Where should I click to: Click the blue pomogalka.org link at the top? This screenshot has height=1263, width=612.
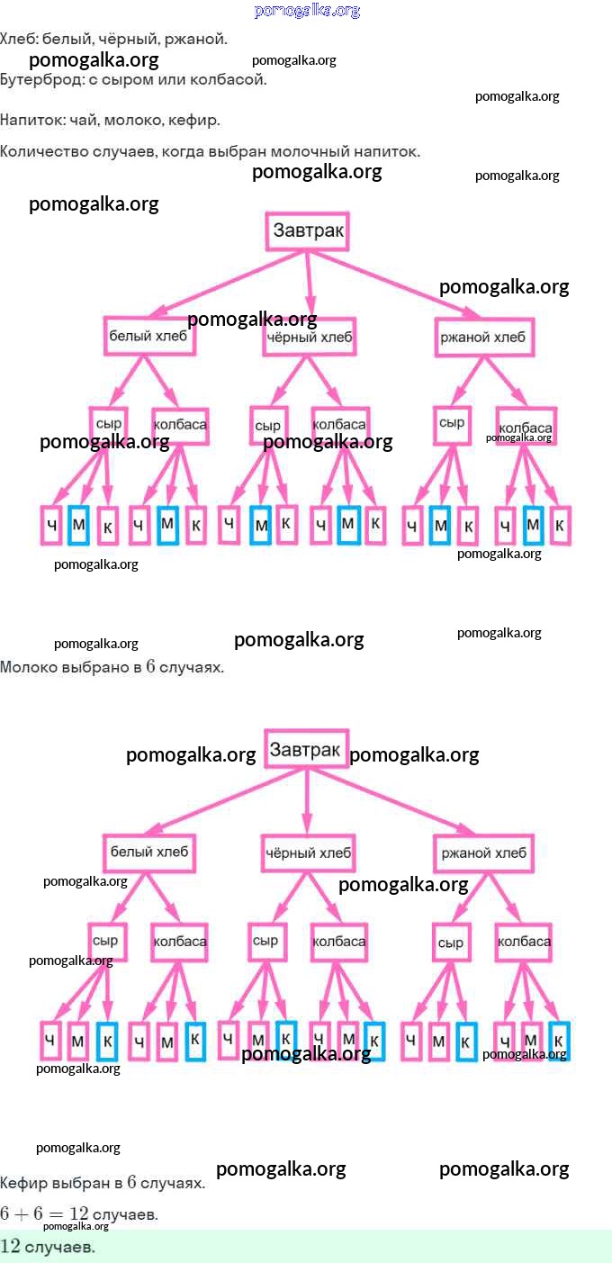tap(307, 11)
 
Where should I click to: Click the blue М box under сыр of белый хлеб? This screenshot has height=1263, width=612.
tap(78, 525)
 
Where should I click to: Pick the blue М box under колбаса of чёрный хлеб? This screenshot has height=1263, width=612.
tap(348, 525)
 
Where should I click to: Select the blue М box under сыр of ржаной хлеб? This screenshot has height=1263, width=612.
tap(439, 526)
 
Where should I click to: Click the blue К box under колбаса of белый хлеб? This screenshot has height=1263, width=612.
tap(194, 1041)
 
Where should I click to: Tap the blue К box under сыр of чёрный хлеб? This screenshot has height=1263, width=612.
tap(286, 1040)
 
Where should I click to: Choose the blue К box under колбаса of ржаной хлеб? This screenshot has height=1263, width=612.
tap(559, 1041)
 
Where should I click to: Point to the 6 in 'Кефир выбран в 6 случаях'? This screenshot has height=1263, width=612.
tap(131, 1182)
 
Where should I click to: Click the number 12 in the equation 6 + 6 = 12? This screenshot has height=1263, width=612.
tap(78, 1213)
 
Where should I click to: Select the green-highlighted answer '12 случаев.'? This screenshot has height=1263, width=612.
tap(48, 1247)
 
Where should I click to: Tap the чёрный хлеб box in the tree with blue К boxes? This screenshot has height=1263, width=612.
tap(308, 852)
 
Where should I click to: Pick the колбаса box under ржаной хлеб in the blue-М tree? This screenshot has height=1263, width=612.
tap(526, 426)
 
